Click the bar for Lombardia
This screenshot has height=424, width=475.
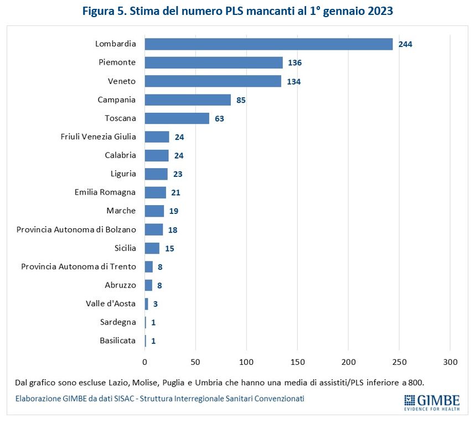pyautogui.click(x=269, y=44)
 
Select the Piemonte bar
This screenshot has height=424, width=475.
pyautogui.click(x=214, y=62)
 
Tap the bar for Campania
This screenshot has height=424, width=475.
pyautogui.click(x=188, y=100)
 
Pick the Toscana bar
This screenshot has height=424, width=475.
pyautogui.click(x=177, y=118)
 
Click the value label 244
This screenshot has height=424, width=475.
pyautogui.click(x=405, y=44)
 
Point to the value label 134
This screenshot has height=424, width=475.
pyautogui.click(x=294, y=82)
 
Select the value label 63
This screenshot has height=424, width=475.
pyautogui.click(x=220, y=119)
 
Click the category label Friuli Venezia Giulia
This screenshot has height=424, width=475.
pyautogui.click(x=99, y=137)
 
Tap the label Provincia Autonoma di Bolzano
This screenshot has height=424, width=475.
pyautogui.click(x=76, y=229)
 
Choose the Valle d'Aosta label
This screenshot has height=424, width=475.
pyautogui.click(x=111, y=303)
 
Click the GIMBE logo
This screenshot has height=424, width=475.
pyautogui.click(x=431, y=402)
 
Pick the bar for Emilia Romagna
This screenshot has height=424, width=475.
pyautogui.click(x=156, y=192)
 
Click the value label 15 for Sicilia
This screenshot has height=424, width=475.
pyautogui.click(x=169, y=249)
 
